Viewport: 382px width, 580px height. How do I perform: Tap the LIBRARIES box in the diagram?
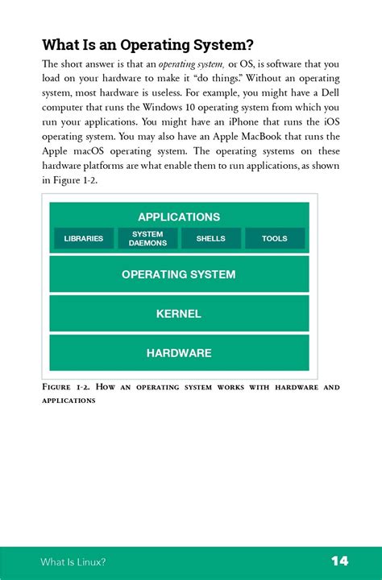[x=84, y=238]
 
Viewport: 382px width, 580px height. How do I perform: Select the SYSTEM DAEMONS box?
[x=147, y=238]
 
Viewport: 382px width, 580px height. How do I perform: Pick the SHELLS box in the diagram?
[x=211, y=238]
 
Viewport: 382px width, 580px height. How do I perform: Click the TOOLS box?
[x=275, y=238]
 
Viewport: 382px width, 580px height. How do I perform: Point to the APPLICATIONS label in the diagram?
[x=179, y=216]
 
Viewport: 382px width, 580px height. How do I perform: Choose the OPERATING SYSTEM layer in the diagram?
[x=179, y=274]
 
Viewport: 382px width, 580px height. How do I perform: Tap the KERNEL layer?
[x=179, y=314]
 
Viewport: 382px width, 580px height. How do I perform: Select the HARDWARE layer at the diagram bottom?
[x=179, y=352]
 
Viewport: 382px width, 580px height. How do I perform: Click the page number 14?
[x=339, y=561]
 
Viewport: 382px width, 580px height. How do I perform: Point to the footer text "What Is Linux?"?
[x=73, y=561]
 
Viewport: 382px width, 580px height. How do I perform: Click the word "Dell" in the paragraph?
[x=328, y=93]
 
